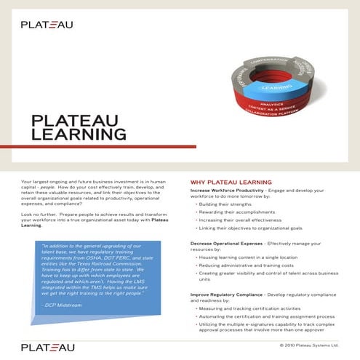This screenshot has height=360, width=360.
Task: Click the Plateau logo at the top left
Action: coord(47,24)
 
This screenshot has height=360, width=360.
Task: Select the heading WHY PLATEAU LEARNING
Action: coord(231,181)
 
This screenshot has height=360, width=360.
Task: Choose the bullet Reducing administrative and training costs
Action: coord(248,265)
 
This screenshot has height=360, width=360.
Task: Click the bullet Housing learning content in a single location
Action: coord(251,257)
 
